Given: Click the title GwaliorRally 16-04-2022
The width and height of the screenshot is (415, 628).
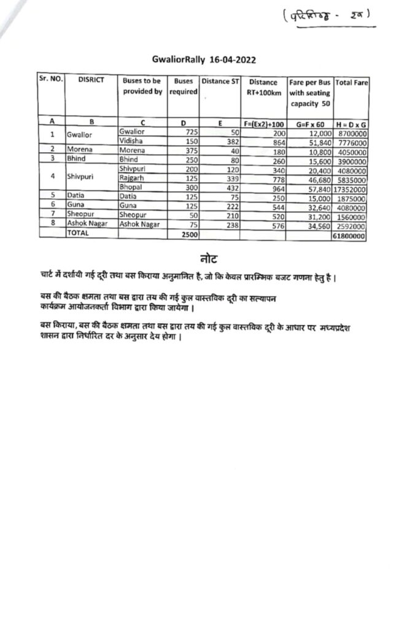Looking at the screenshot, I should pos(203,60).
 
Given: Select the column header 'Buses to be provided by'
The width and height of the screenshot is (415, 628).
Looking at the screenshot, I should pos(142,86).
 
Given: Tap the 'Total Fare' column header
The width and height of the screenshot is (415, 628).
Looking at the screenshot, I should pos(352,82).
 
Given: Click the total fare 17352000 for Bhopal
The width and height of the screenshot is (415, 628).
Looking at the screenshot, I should pos(352,190).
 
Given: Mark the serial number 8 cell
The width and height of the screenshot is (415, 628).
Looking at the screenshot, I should pos(53,225).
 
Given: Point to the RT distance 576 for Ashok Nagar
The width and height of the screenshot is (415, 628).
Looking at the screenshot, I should pos(274,225).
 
